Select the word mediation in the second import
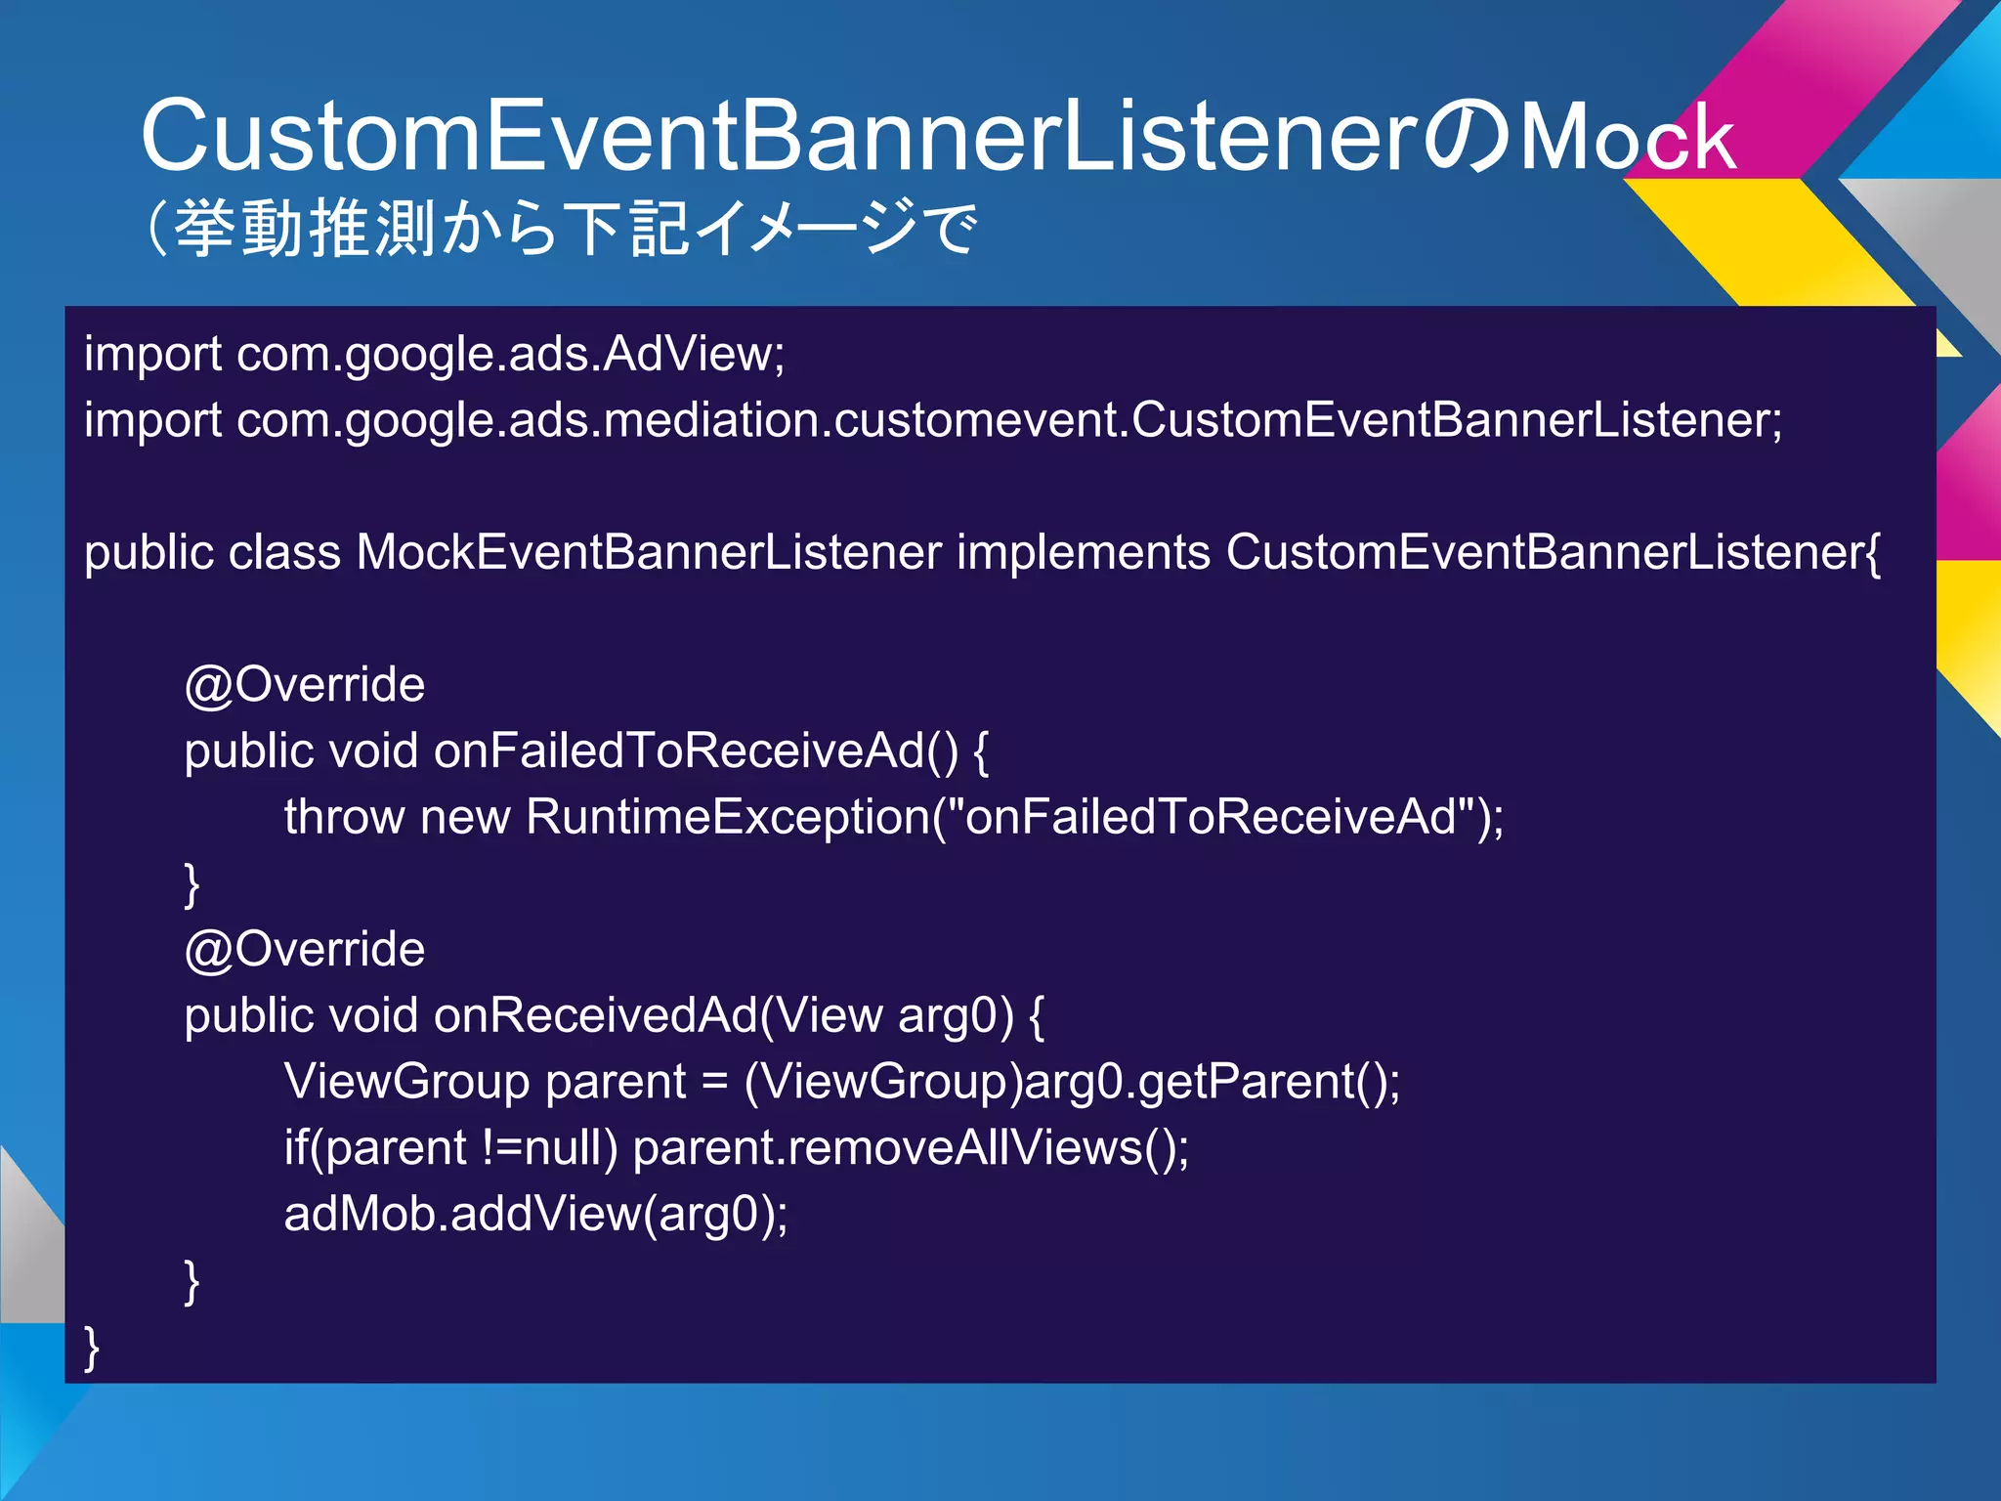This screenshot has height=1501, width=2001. coord(717,420)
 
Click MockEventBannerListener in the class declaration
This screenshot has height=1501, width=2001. coord(649,552)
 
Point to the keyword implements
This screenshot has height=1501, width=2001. coord(1084,552)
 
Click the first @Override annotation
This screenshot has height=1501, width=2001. coord(304,684)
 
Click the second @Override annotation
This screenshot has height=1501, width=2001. coord(304,949)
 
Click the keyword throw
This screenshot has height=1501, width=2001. coord(344,817)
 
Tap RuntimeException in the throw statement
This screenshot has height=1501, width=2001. coord(727,817)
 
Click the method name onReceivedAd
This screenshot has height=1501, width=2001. coord(596,1015)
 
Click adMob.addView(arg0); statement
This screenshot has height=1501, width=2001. coord(535,1215)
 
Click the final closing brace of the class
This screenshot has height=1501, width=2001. coord(92,1349)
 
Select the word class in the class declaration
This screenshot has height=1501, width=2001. coord(284,552)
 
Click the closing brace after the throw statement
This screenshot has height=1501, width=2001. coord(192,884)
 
